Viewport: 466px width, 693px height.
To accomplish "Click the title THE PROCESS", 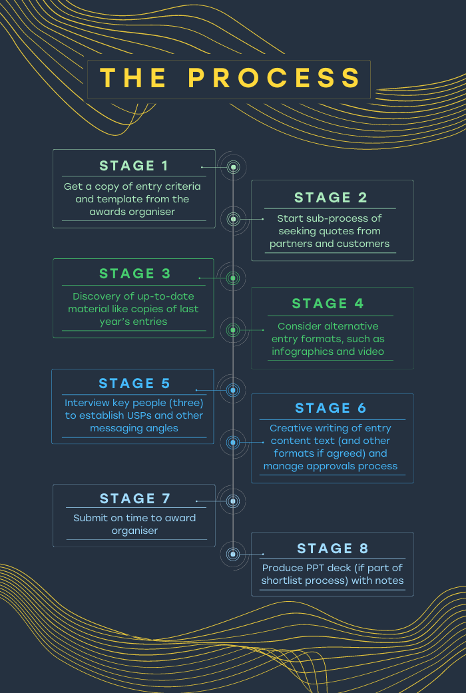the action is click(230, 79).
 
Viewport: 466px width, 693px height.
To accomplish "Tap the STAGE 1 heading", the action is click(134, 166).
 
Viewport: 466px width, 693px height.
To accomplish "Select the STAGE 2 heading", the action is click(330, 198).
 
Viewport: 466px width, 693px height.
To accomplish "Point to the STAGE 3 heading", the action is click(135, 274).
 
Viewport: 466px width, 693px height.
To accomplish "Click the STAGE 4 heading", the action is click(328, 304).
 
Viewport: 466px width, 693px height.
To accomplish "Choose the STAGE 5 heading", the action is click(134, 383).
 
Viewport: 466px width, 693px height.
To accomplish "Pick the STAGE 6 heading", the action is click(331, 408).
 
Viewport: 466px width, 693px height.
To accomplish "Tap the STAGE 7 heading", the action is click(135, 499).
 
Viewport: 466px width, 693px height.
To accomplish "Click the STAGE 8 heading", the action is click(332, 549).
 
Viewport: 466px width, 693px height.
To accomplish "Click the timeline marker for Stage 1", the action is click(233, 167).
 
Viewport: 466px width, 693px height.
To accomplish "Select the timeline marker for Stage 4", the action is click(233, 330).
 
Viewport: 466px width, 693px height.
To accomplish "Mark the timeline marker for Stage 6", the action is click(233, 442).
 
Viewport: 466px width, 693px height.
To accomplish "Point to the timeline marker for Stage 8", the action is click(233, 554).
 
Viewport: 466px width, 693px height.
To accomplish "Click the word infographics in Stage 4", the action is click(298, 351).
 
